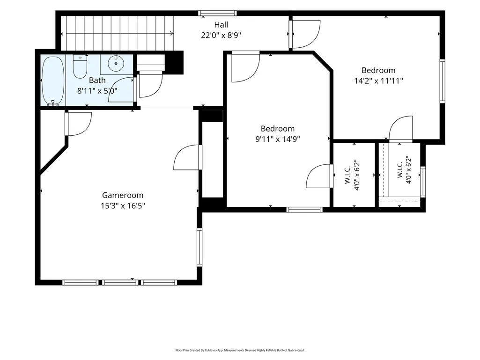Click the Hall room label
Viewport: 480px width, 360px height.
click(x=221, y=24)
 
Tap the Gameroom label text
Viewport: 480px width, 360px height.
click(x=122, y=195)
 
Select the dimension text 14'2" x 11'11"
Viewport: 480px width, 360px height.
click(x=378, y=81)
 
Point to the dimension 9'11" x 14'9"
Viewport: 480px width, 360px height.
click(x=278, y=139)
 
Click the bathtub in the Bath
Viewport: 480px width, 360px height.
click(x=53, y=81)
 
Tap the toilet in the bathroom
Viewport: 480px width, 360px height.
click(x=80, y=66)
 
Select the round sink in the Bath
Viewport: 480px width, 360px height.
click(x=116, y=63)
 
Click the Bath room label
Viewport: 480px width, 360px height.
click(x=97, y=80)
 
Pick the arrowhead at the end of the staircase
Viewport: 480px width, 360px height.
click(x=172, y=33)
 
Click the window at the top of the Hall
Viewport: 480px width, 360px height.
click(x=217, y=13)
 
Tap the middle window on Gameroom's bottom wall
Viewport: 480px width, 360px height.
click(x=120, y=282)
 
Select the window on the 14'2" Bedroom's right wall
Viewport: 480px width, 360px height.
click(x=443, y=81)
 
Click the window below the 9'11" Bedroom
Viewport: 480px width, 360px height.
click(x=304, y=210)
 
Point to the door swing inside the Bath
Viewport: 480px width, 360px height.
click(x=121, y=89)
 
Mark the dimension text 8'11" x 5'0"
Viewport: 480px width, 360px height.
click(x=97, y=91)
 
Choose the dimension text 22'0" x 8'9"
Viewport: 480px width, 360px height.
click(x=221, y=35)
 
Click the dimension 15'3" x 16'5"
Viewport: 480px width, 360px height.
click(x=123, y=206)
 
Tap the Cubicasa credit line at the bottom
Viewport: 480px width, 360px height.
click(x=240, y=350)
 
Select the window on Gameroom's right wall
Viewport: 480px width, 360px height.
click(x=199, y=247)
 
